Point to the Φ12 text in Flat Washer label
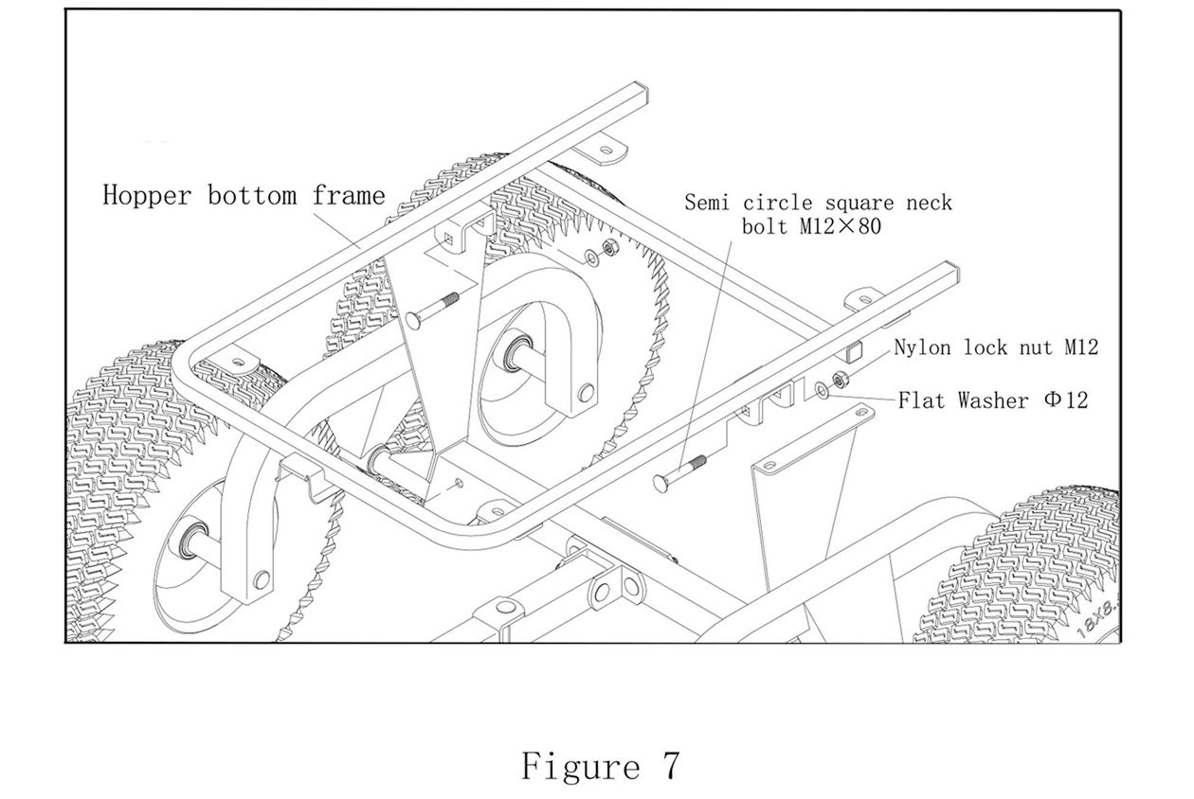point(1066,400)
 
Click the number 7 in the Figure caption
point(669,765)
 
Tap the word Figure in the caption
point(579,765)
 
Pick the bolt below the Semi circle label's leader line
point(679,471)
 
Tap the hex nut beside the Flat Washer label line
point(838,381)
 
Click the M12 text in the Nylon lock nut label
point(1079,347)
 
